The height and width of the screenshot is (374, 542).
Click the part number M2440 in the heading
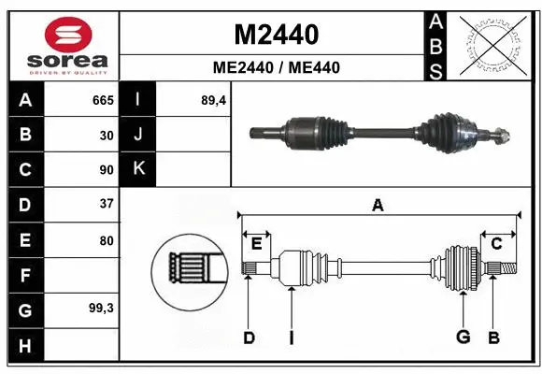(x=276, y=35)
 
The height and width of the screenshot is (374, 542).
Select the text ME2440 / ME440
(x=276, y=67)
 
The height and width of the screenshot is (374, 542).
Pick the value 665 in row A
(x=102, y=100)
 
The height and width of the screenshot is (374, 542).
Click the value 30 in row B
(x=107, y=136)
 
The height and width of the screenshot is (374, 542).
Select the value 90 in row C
(x=107, y=170)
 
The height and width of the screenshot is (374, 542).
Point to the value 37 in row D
(x=107, y=203)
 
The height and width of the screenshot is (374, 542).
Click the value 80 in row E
(x=107, y=240)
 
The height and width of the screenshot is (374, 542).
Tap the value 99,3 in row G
(x=101, y=308)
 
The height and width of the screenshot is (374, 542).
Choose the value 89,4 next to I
(x=214, y=100)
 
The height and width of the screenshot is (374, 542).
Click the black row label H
(x=24, y=346)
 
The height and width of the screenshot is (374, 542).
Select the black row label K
(x=138, y=169)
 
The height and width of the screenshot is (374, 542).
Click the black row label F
(x=24, y=276)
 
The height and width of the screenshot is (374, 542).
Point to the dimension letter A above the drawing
(x=378, y=205)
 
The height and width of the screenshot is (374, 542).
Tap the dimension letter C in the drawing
(x=497, y=243)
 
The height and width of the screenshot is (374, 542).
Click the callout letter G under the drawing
(x=462, y=338)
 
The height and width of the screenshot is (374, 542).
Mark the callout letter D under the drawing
(x=249, y=338)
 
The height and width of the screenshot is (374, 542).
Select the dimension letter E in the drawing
(x=256, y=243)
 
